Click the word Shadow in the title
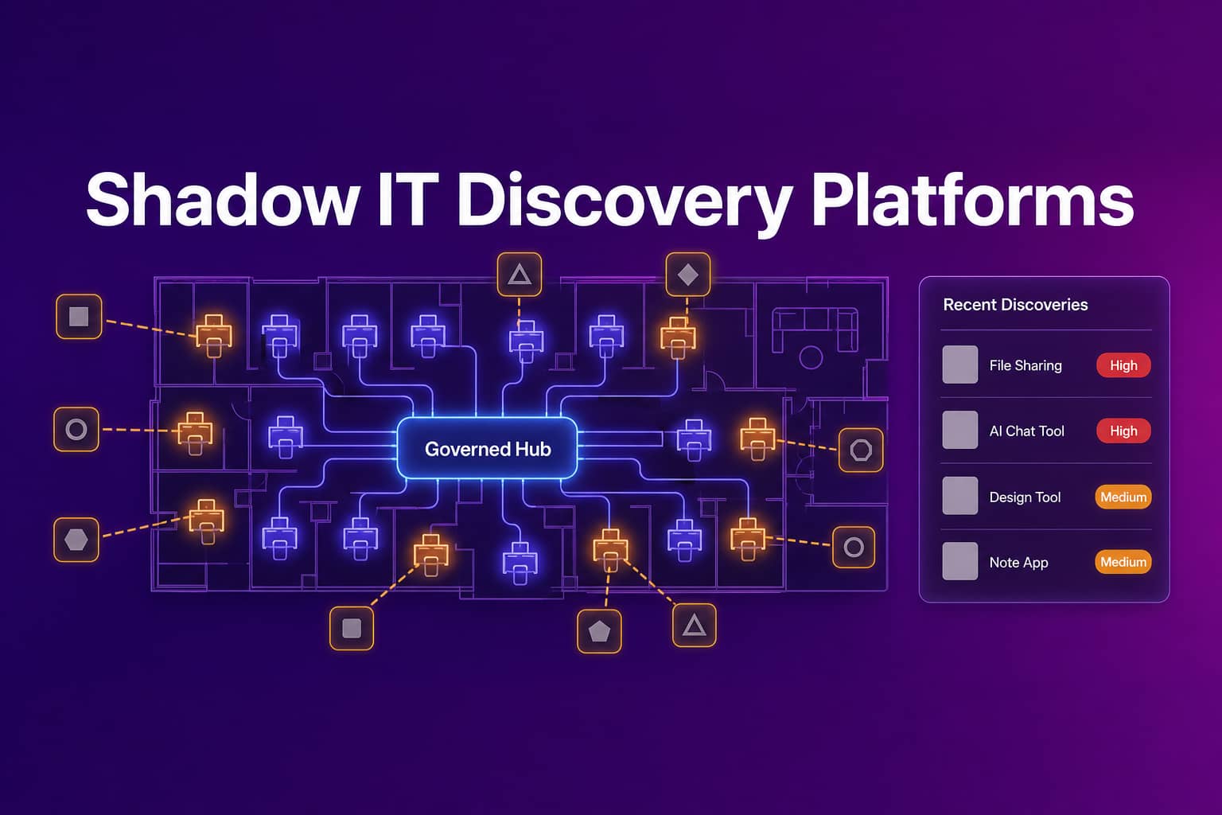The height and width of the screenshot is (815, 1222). click(222, 200)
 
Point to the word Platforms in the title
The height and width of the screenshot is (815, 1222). click(973, 200)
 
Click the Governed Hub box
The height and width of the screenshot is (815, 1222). click(487, 449)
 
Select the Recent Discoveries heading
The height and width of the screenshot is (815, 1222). click(1015, 305)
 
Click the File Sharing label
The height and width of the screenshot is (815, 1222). click(1025, 365)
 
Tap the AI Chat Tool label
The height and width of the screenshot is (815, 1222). click(1027, 431)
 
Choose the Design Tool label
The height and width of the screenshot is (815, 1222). click(1025, 497)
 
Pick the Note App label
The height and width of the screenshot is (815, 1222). click(1018, 562)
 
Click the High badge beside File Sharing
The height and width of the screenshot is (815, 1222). click(1124, 365)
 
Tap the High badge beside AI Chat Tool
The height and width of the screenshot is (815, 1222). click(1124, 431)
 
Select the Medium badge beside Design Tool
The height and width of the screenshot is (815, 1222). click(1123, 497)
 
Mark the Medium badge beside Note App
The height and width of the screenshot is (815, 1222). click(1123, 562)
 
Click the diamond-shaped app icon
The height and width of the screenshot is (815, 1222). click(688, 275)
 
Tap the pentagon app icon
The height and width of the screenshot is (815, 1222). click(599, 631)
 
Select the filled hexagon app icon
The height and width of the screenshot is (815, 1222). click(76, 540)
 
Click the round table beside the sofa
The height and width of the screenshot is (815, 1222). click(811, 357)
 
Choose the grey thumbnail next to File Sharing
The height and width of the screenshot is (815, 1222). click(959, 365)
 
